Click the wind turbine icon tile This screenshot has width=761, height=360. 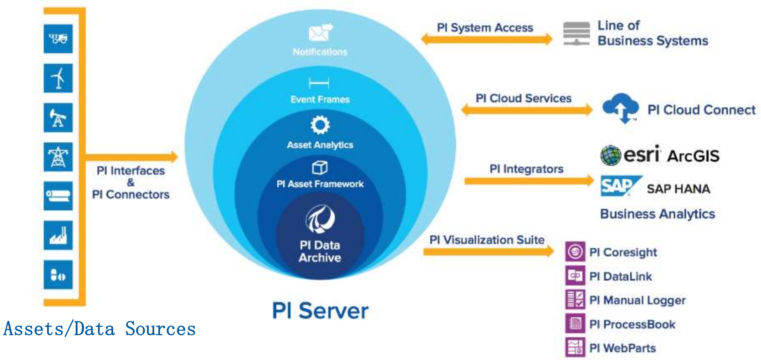(58, 78)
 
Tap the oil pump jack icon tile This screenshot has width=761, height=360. (58, 118)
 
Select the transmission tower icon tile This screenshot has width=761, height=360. (58, 157)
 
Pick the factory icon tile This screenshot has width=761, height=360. (58, 235)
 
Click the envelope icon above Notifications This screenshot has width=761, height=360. (320, 32)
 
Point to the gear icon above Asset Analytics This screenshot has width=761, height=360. (320, 125)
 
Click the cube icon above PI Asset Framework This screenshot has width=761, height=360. (320, 167)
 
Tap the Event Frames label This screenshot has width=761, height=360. (320, 99)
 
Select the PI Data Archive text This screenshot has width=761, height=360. (320, 251)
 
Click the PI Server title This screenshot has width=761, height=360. (320, 311)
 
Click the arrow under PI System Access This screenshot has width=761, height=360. (486, 39)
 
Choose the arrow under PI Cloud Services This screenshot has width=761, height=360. (527, 110)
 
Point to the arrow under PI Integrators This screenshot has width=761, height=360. (529, 181)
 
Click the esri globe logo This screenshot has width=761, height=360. (611, 155)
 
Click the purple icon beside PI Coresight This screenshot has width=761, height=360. (575, 251)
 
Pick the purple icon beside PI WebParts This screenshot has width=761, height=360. (575, 347)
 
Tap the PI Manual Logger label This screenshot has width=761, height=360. (637, 300)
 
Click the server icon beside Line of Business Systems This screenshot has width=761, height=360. (576, 33)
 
